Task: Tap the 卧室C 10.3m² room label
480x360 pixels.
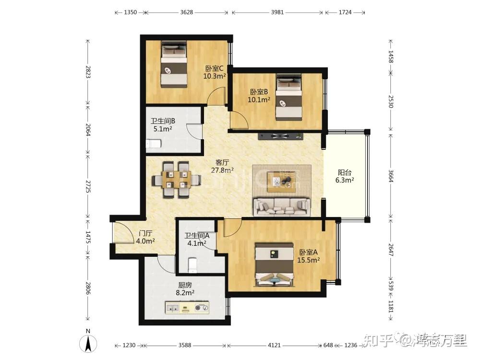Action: (x=215, y=72)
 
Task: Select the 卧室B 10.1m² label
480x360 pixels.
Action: (x=259, y=96)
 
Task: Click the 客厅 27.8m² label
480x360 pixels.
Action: (x=222, y=166)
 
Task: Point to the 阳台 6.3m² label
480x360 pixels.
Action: (x=345, y=176)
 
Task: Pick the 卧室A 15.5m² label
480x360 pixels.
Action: (x=309, y=256)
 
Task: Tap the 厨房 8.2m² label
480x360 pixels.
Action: (x=185, y=289)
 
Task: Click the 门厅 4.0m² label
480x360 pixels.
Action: (x=145, y=237)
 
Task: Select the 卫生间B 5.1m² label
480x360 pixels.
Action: (x=163, y=125)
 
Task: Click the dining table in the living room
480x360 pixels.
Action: (x=176, y=180)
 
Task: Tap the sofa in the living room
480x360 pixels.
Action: (x=282, y=207)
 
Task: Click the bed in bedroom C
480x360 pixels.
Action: (x=174, y=65)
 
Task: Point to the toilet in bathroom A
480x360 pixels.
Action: (x=192, y=265)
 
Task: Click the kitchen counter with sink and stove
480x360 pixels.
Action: (x=187, y=308)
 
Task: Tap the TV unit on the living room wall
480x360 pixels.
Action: (x=281, y=136)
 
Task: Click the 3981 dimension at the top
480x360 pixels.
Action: (x=277, y=12)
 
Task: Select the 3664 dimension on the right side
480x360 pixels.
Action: (x=391, y=176)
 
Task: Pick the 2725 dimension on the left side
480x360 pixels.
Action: (x=88, y=186)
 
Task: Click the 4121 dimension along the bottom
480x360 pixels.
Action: (x=274, y=345)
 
